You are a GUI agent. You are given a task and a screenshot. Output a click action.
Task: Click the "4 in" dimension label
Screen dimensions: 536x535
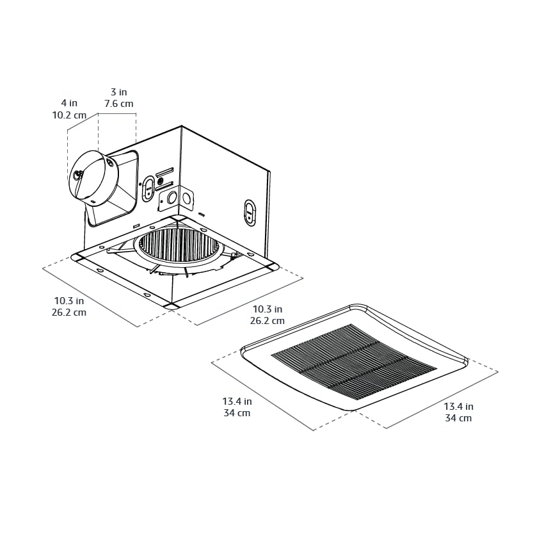click(x=69, y=103)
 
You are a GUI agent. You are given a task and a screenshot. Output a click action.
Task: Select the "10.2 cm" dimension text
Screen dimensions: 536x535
click(x=69, y=116)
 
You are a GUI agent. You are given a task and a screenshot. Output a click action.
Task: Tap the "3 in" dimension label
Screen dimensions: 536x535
click(x=119, y=92)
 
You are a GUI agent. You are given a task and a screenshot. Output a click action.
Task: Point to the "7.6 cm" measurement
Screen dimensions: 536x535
click(x=119, y=104)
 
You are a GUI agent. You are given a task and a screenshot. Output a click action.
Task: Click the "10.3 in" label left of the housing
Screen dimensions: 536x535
click(x=69, y=300)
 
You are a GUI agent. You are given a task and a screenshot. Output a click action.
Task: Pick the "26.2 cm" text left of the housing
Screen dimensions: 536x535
click(x=69, y=313)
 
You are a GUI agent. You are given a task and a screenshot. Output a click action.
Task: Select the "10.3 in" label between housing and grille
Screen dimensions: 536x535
click(x=267, y=309)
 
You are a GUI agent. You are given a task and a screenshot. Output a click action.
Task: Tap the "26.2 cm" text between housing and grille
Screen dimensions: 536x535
click(x=267, y=321)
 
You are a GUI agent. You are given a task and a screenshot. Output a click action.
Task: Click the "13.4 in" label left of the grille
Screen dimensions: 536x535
click(x=237, y=402)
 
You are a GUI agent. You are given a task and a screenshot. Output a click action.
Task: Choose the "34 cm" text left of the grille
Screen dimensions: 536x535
click(x=237, y=414)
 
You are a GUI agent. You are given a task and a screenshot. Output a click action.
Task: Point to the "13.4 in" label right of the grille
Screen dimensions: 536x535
click(x=458, y=406)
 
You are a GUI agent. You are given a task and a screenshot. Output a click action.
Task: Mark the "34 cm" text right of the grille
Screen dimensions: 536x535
click(x=458, y=418)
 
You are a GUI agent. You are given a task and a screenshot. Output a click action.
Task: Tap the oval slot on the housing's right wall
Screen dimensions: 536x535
click(x=250, y=213)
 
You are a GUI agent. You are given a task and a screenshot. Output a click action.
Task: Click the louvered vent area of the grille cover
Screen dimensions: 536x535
click(x=353, y=361)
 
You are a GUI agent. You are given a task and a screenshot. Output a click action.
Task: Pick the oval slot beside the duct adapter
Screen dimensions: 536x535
click(x=148, y=188)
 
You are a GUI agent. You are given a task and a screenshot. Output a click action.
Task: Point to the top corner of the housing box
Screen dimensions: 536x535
click(x=182, y=127)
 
